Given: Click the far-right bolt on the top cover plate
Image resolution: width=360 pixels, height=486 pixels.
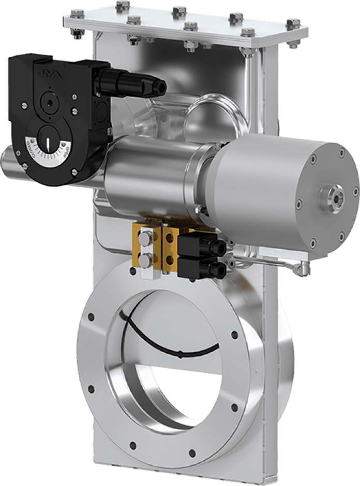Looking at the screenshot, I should click(x=294, y=24).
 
